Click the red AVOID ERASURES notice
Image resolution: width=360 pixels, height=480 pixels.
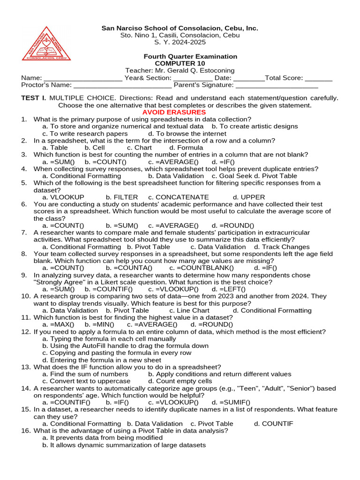174,112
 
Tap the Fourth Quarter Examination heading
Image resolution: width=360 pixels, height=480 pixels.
190,56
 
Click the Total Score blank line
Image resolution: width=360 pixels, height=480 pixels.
315,78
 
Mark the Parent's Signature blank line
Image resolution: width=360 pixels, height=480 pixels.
277,85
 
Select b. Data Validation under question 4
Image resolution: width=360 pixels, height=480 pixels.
180,176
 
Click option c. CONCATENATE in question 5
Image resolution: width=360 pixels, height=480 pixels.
179,197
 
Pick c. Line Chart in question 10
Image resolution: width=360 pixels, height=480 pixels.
189,310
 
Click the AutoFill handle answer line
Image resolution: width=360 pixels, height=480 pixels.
125,346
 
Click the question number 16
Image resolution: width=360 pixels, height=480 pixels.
26,430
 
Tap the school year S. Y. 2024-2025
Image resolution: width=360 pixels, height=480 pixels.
180,42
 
